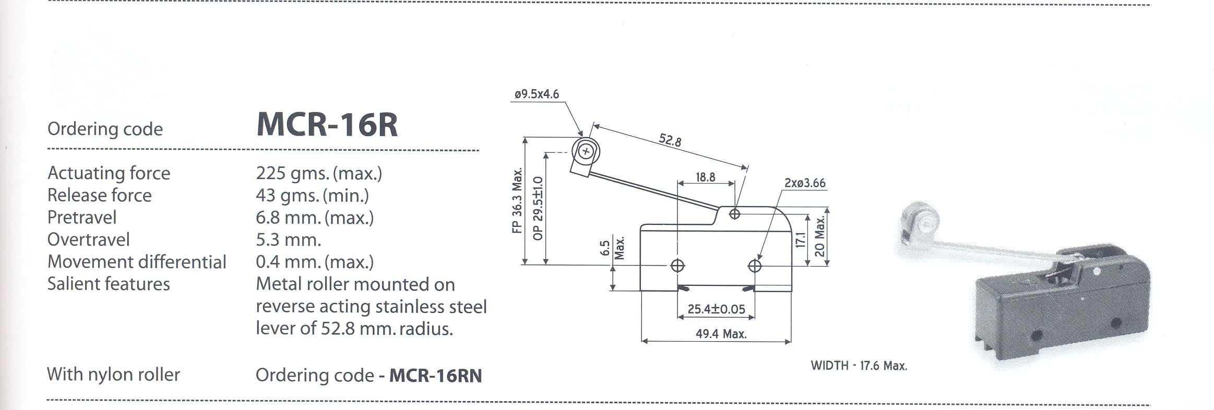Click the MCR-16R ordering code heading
click(327, 125)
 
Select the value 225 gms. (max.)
click(318, 173)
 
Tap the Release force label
click(99, 195)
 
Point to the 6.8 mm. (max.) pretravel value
click(314, 218)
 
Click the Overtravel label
click(88, 239)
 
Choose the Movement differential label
click(137, 262)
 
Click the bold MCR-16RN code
click(435, 376)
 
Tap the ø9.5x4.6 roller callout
click(537, 94)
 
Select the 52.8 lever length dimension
click(670, 140)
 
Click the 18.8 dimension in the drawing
click(705, 177)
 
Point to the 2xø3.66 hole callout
click(804, 183)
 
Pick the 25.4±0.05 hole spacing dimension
click(716, 309)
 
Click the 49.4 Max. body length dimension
click(721, 334)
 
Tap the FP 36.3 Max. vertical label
click(517, 201)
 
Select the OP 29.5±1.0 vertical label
click(538, 208)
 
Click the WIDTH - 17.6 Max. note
click(859, 366)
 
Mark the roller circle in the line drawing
click(586, 152)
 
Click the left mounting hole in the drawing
click(677, 266)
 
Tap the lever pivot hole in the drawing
click(734, 213)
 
